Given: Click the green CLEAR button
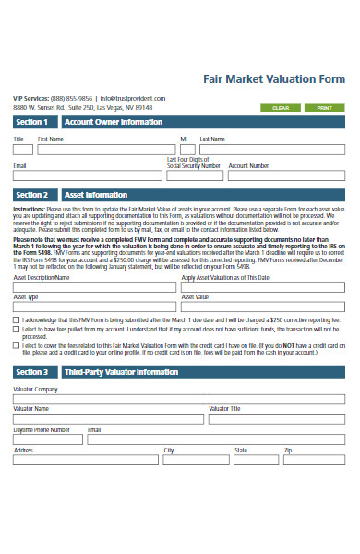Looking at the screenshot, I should coord(281,108).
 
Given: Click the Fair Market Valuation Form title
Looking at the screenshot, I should coord(273,79).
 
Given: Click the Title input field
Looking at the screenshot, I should coord(22,149).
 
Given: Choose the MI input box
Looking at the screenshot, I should coord(186,149).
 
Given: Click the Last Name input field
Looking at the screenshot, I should coord(271,149).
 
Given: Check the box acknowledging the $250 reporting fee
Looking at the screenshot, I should coord(17,319).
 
